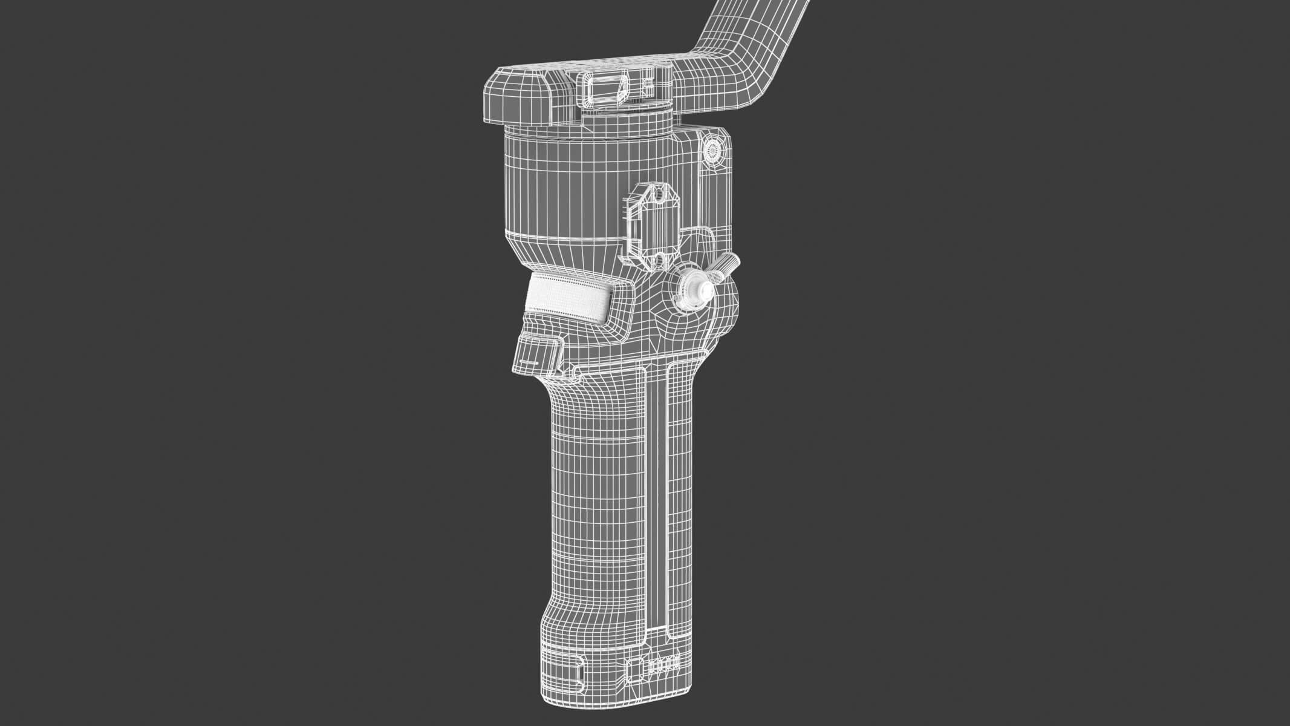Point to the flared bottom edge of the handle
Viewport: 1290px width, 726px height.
605,705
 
